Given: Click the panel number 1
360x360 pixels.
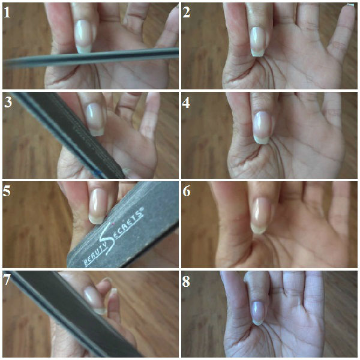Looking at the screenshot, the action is click(7, 12).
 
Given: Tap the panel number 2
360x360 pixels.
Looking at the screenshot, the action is click(186, 12).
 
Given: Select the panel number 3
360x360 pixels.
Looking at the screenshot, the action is click(8, 102).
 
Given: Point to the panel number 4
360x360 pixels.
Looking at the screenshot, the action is click(186, 103).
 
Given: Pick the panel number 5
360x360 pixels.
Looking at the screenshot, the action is click(7, 191).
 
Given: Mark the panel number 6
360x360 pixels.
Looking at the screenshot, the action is click(187, 191).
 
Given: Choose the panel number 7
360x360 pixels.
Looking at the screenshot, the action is click(6, 280).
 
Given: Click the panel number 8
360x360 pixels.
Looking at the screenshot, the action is click(186, 281).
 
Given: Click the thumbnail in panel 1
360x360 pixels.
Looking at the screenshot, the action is click(84, 36).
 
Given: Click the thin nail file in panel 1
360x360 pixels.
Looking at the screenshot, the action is click(91, 58).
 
